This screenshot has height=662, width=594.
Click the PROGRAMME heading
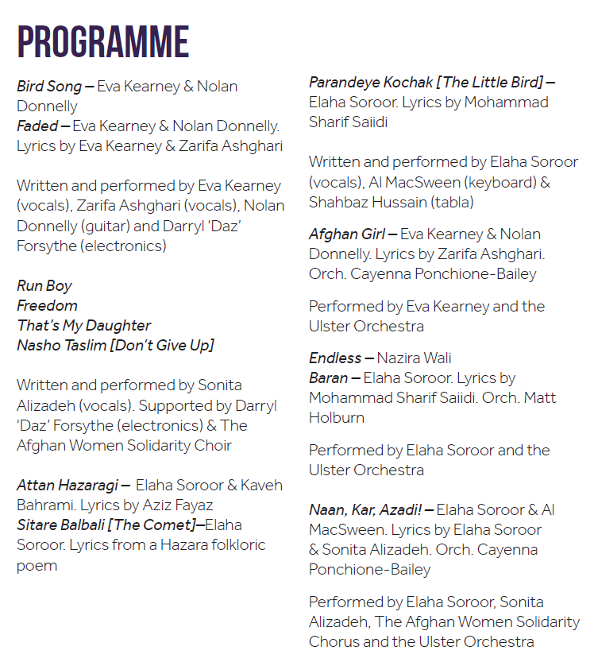pyautogui.click(x=103, y=42)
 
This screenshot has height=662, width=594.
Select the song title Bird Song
pyautogui.click(x=49, y=87)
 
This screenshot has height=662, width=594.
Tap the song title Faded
pyautogui.click(x=37, y=126)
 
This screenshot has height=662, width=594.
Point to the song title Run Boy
pyautogui.click(x=44, y=285)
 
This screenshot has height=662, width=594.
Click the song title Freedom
pyautogui.click(x=48, y=305)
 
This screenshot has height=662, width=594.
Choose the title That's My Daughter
pyautogui.click(x=84, y=325)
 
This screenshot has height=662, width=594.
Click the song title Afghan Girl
pyautogui.click(x=347, y=234)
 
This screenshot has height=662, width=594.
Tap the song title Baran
pyautogui.click(x=329, y=377)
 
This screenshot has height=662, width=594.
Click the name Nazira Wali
pyautogui.click(x=414, y=358)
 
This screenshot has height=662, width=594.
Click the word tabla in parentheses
pyautogui.click(x=453, y=202)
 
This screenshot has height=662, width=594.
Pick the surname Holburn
pyautogui.click(x=337, y=417)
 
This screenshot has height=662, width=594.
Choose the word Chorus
pyautogui.click(x=334, y=641)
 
